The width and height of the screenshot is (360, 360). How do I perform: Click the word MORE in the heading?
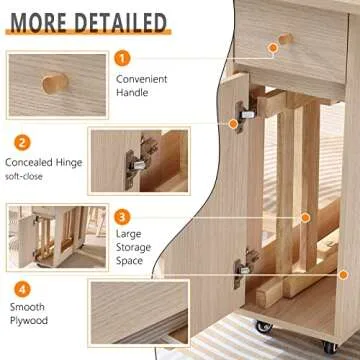pos(46,21)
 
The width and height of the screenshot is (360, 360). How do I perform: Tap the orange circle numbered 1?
pos(122,60)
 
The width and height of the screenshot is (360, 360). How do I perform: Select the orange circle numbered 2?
pos(21,142)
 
